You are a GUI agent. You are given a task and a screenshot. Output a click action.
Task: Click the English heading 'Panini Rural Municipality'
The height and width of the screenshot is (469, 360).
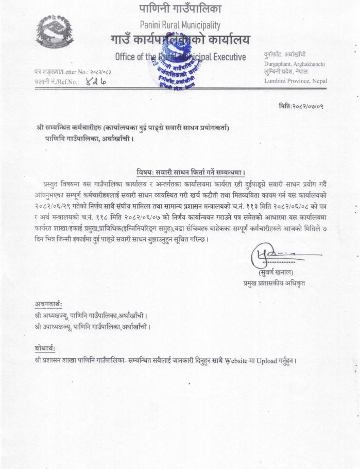pyautogui.click(x=180, y=25)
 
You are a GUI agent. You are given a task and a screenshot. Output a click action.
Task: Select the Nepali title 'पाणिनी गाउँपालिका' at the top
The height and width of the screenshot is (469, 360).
pyautogui.click(x=180, y=9)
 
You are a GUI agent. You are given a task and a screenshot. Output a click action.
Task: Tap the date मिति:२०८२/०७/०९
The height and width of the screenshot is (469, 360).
pyautogui.click(x=301, y=106)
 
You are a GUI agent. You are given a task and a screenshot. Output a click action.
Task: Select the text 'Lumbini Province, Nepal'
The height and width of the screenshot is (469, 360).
pyautogui.click(x=295, y=81)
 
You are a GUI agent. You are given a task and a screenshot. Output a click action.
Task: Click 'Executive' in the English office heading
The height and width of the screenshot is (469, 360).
pyautogui.click(x=227, y=56)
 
